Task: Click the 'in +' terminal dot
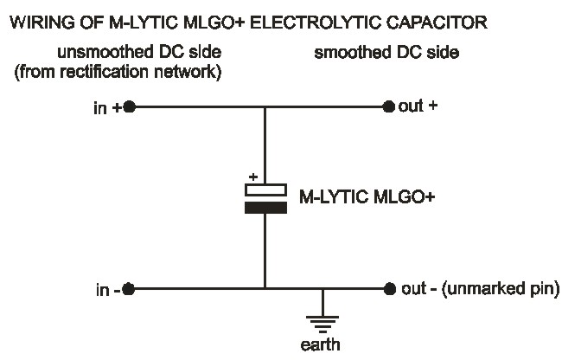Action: [129, 107]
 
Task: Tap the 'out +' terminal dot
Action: [388, 107]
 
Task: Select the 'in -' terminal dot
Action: [129, 289]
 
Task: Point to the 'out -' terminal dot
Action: [388, 289]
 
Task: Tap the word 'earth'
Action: [323, 345]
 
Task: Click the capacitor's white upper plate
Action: [265, 190]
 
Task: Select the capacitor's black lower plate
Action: [265, 208]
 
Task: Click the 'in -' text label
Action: [107, 289]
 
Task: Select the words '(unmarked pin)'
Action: [505, 288]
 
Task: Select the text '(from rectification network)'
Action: [118, 72]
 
